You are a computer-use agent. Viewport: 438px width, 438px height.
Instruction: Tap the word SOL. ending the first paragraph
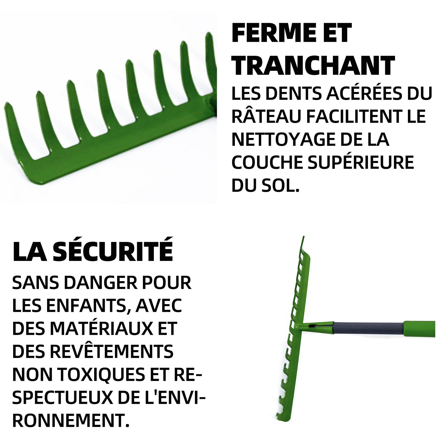tap(281, 186)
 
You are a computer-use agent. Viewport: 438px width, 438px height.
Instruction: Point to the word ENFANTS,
tap(89, 306)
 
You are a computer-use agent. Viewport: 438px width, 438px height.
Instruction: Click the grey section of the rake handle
tap(368, 328)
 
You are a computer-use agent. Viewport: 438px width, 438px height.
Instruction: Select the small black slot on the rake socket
tap(313, 326)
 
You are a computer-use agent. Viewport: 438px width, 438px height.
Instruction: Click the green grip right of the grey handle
tap(419, 328)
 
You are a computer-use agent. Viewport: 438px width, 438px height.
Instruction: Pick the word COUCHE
tap(267, 163)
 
